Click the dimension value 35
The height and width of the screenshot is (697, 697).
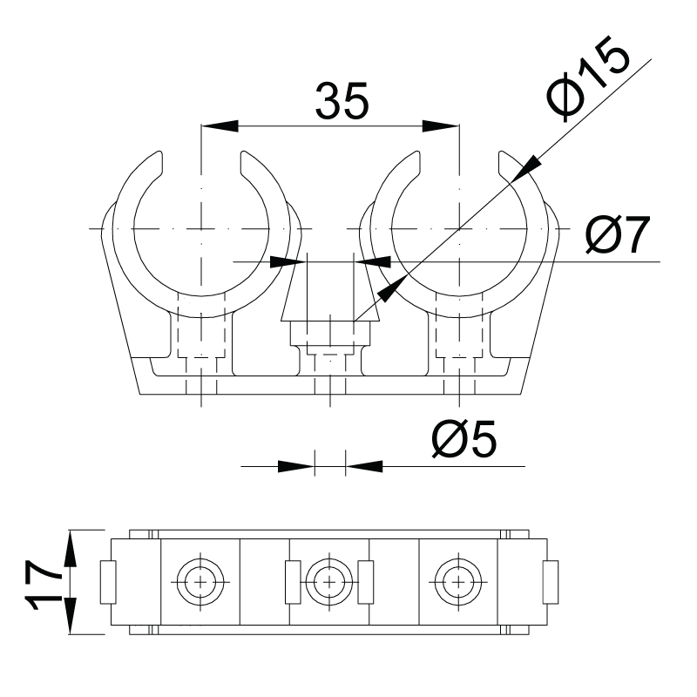342,101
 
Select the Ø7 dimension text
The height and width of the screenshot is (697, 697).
618,234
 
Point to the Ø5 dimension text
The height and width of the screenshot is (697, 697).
464,439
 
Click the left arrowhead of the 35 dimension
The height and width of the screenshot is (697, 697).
220,125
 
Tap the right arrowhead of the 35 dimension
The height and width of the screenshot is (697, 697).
441,125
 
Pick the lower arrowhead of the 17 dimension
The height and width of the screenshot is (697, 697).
71,616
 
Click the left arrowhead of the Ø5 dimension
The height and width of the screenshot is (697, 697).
296,466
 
